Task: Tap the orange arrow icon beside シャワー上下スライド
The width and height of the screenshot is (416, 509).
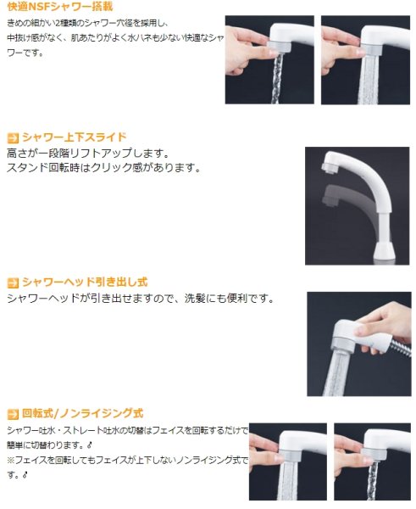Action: [x=12, y=137]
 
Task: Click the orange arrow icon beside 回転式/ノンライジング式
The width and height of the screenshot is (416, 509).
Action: [x=12, y=414]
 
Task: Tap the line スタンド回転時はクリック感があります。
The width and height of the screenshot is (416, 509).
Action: [x=103, y=168]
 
